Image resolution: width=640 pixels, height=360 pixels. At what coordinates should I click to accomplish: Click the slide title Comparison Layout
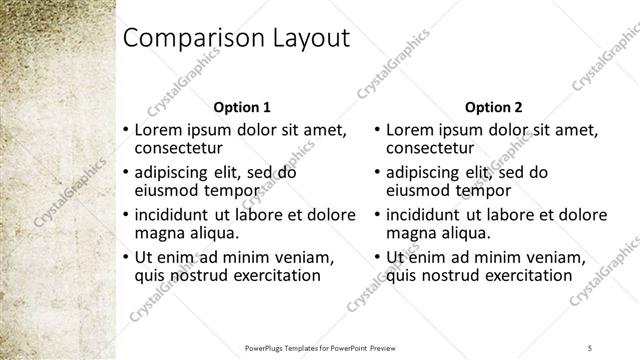tap(235, 39)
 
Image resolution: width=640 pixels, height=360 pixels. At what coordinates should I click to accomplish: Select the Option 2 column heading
tap(494, 107)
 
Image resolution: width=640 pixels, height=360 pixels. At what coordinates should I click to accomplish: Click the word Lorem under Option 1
tap(157, 130)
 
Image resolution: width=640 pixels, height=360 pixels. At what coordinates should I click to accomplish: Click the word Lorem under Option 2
tap(409, 130)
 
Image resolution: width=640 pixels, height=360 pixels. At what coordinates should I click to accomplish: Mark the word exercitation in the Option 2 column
tap(525, 275)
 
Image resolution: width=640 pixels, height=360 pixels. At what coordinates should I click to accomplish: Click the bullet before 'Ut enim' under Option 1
tap(125, 257)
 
